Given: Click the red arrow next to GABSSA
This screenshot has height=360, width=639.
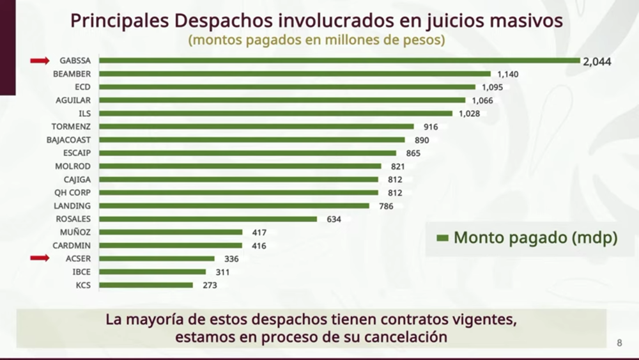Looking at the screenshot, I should tap(40, 61).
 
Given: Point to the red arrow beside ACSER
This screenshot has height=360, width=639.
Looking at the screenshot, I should tap(40, 258).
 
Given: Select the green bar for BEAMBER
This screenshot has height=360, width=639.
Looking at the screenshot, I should tap(294, 74).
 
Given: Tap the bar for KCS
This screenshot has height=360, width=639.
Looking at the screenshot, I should tap(146, 285).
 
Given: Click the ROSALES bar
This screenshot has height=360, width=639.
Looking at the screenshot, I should tap(208, 219).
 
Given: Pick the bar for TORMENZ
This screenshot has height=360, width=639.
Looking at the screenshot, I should tap(256, 127).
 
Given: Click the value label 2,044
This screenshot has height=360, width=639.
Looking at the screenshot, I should tap(597, 61).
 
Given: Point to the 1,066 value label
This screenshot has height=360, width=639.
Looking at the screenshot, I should tap(482, 100).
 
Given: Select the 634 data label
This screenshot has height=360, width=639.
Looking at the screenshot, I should tap(334, 219).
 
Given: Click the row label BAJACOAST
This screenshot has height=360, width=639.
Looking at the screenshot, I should tap(68, 140).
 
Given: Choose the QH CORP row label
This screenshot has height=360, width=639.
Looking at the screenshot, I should tap(73, 192).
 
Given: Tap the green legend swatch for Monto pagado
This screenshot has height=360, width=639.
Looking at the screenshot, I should tap(442, 239).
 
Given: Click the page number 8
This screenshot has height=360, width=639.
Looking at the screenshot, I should tap(619, 342).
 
